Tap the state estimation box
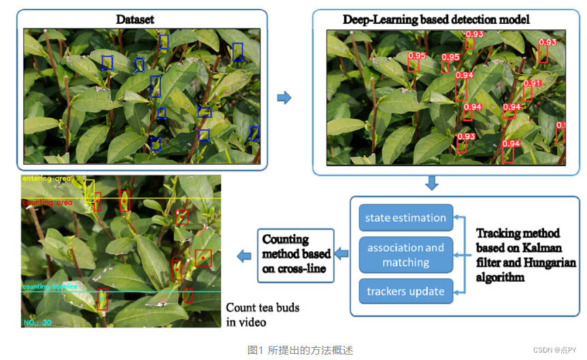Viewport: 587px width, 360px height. pos(405,218)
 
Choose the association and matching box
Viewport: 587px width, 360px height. pos(405,255)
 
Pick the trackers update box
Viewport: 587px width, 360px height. pos(405,291)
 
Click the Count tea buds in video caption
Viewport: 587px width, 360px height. pos(263,315)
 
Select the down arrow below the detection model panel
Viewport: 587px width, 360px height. pos(431,183)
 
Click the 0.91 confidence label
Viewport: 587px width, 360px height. pos(532,84)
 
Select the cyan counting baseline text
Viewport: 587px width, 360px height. pos(50,287)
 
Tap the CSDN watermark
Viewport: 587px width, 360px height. pos(555,350)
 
